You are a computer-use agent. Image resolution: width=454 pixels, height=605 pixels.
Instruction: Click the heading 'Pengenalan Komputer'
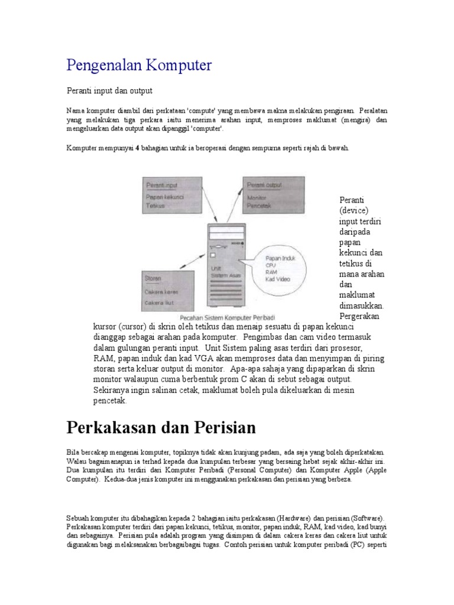139,65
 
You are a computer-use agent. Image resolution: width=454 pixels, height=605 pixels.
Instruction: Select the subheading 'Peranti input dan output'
109,90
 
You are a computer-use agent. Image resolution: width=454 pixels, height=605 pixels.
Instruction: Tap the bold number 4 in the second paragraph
138,148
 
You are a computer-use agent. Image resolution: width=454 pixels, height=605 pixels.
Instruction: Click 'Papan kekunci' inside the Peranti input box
166,196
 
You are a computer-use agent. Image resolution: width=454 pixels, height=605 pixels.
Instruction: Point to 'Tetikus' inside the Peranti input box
155,206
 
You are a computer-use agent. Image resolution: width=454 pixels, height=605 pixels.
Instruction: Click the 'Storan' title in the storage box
154,278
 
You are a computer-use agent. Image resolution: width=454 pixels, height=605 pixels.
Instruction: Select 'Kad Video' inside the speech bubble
278,279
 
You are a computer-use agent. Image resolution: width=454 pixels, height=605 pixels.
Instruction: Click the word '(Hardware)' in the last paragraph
285,518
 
